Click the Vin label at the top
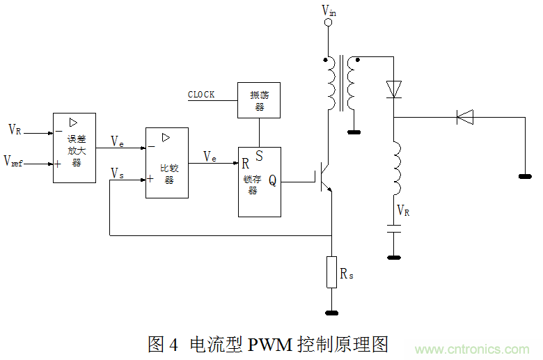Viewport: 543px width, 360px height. click(329, 10)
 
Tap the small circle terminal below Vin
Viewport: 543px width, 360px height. click(329, 23)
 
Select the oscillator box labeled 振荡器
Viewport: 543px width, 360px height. click(259, 100)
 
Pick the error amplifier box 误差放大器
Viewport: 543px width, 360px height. click(74, 148)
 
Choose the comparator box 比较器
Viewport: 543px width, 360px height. click(167, 163)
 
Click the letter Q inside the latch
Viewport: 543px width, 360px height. click(272, 181)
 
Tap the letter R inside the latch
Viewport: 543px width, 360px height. click(245, 164)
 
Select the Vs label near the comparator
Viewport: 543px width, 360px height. click(118, 173)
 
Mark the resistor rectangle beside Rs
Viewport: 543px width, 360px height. click(332, 272)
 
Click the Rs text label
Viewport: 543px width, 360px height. click(347, 274)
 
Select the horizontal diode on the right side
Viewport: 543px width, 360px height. click(465, 117)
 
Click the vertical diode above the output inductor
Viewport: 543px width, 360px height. click(394, 88)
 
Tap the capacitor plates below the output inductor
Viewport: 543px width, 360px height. click(394, 228)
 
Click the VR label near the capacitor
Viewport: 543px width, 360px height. click(403, 211)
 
